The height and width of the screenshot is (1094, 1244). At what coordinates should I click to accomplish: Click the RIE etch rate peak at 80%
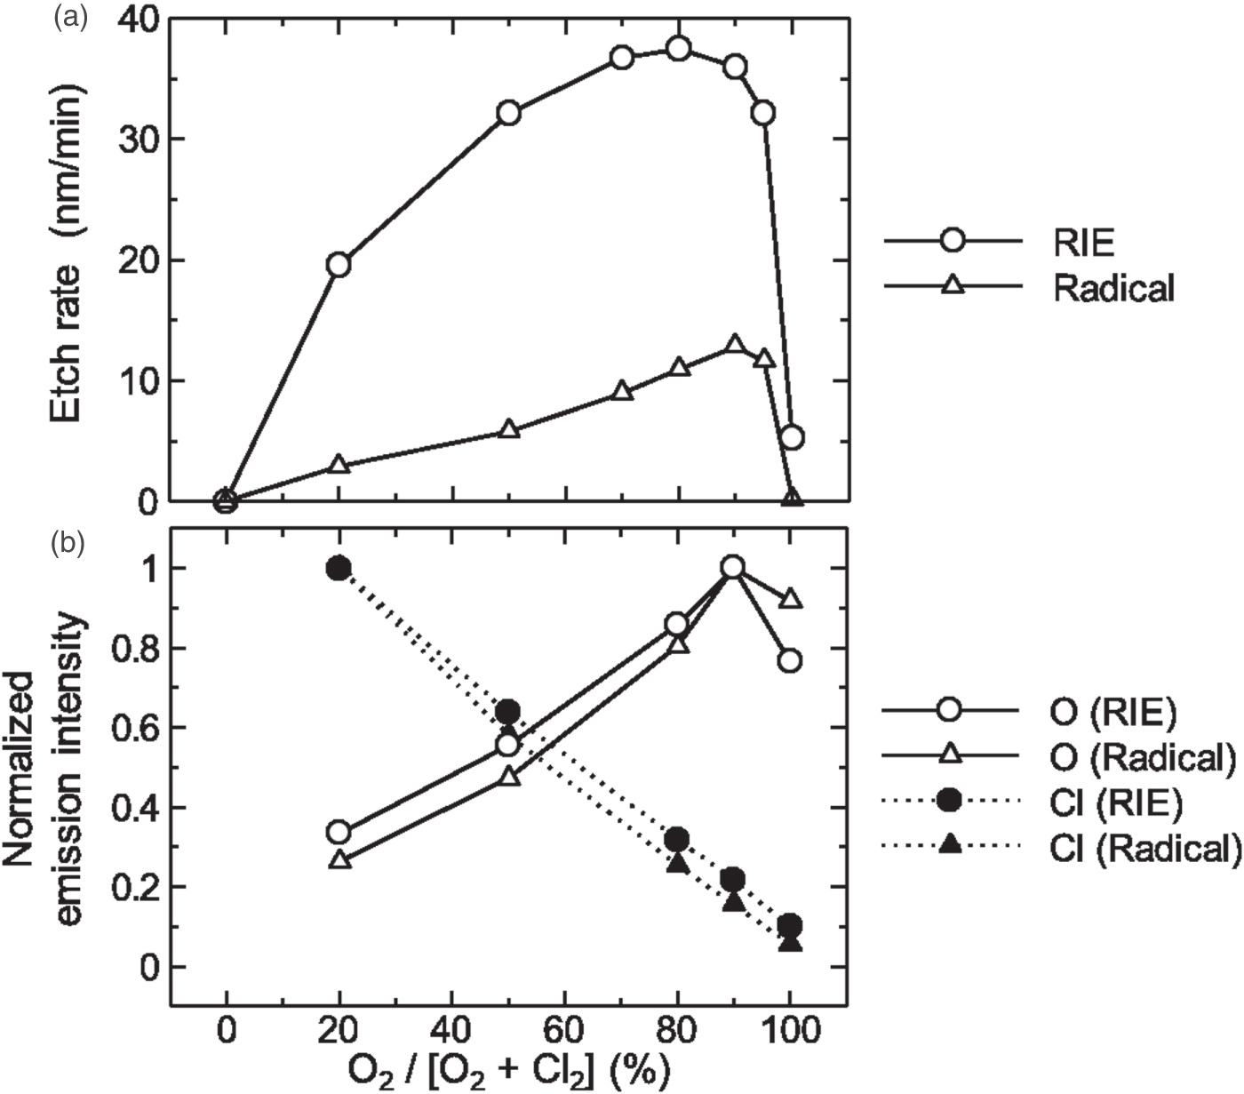tap(679, 48)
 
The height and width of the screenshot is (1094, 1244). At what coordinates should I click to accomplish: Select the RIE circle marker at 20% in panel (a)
tap(339, 264)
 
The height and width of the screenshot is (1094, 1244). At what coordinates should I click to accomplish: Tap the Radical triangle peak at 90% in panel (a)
tap(735, 345)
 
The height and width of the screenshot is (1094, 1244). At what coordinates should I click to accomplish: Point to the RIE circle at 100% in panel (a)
tap(792, 437)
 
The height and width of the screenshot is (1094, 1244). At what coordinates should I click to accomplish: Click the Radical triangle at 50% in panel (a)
tap(508, 429)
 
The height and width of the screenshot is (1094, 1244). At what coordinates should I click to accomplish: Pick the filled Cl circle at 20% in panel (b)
tap(339, 568)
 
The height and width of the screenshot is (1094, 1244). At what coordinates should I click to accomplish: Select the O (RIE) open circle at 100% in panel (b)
tap(790, 660)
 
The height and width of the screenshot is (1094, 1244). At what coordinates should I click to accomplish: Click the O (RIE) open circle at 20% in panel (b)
tap(339, 833)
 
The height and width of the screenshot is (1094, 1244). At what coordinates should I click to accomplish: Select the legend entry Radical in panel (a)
tap(1112, 287)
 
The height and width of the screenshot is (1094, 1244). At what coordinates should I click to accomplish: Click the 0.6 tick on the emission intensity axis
tap(130, 728)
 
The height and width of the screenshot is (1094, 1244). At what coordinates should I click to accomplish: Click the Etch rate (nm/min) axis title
tap(67, 257)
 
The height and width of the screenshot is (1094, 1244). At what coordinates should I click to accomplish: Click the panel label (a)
tap(69, 15)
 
